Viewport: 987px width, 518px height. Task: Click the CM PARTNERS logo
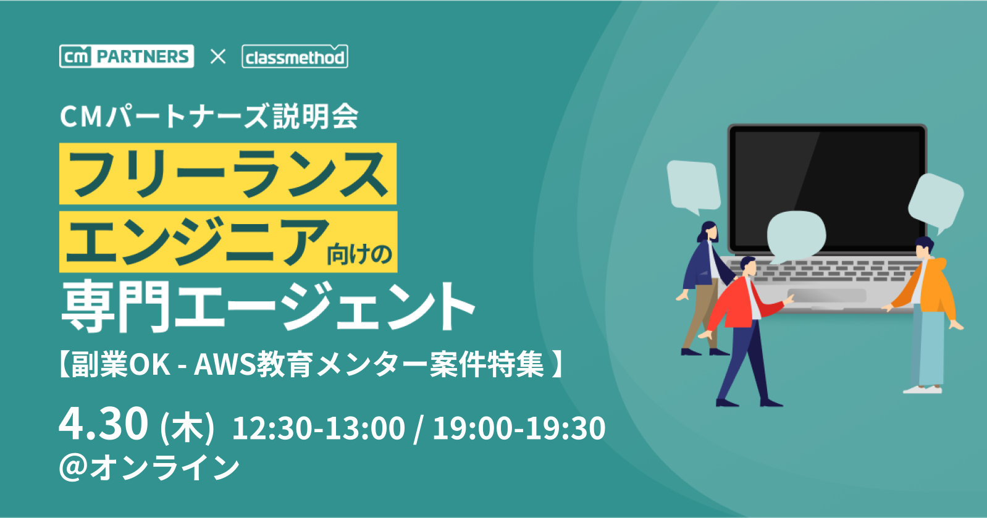(x=127, y=56)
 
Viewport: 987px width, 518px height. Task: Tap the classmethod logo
(x=295, y=57)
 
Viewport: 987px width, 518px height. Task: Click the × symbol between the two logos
(x=217, y=57)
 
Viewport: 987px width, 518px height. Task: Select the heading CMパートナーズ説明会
(x=209, y=117)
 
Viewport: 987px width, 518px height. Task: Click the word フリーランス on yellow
(x=228, y=173)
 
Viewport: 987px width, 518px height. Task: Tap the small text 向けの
(x=359, y=254)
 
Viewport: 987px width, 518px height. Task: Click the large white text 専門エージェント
(x=267, y=306)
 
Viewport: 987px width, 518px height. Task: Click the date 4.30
(x=103, y=424)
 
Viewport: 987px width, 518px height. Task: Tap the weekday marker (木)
(x=187, y=427)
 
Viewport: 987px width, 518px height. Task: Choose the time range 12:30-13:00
(x=319, y=428)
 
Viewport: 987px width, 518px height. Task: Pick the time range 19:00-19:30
(x=519, y=428)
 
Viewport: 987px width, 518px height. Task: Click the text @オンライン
(x=149, y=467)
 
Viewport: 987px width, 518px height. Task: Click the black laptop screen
(x=827, y=188)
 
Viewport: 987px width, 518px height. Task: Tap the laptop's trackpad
(x=826, y=296)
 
